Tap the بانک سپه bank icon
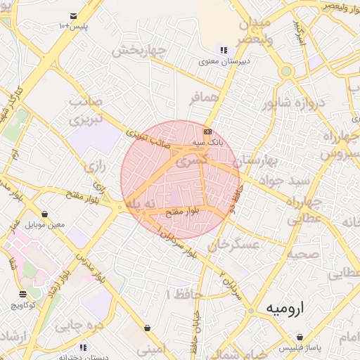207,131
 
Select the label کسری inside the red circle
191,161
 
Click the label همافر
205,99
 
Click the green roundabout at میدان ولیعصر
286,71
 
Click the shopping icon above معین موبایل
45,214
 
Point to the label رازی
94,167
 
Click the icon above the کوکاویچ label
24,294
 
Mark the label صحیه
308,253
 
